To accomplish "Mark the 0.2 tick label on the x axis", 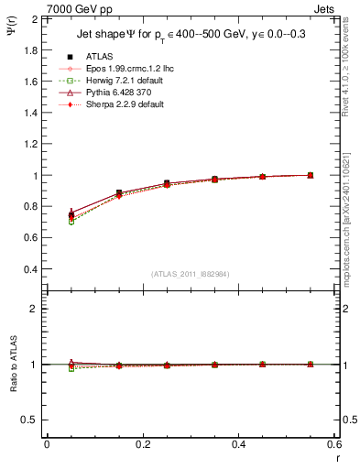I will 142,444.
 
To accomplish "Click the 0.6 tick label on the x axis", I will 333,444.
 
